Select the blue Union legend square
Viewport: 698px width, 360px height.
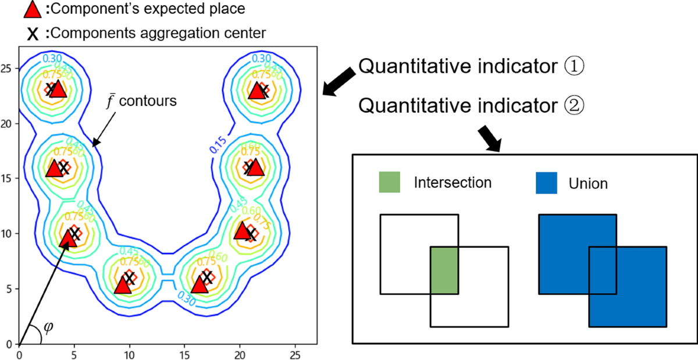pyautogui.click(x=547, y=183)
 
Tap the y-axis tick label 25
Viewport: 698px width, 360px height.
pyautogui.click(x=8, y=68)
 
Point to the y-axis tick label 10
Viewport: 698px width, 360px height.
pyautogui.click(x=8, y=233)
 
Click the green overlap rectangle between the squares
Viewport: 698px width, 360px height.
pyautogui.click(x=444, y=270)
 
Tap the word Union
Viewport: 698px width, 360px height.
pyautogui.click(x=588, y=184)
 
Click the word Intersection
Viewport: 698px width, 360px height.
pyautogui.click(x=453, y=183)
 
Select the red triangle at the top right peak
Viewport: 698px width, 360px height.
pyautogui.click(x=257, y=91)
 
